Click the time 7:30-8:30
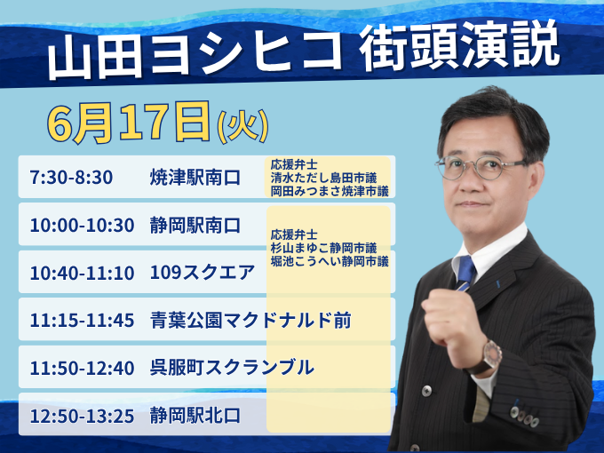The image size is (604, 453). (71, 178)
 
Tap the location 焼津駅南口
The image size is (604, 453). (195, 177)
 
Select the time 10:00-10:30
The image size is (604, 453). (82, 226)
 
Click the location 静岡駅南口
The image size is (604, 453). (195, 225)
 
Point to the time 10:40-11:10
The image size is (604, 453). (82, 273)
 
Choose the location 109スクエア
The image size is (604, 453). (203, 273)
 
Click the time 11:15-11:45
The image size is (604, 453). (82, 321)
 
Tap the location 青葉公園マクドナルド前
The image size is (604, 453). (250, 320)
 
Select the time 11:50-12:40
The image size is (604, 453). (82, 369)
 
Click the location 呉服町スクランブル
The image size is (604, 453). (232, 368)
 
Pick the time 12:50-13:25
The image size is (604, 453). (82, 417)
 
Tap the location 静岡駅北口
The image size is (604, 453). (195, 416)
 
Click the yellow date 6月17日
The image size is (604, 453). (128, 123)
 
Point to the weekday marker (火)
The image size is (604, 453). (242, 125)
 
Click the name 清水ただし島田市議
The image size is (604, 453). (323, 178)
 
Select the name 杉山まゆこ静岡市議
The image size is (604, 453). (323, 248)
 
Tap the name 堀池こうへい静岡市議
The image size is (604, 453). (330, 261)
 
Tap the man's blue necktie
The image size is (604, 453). (465, 273)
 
